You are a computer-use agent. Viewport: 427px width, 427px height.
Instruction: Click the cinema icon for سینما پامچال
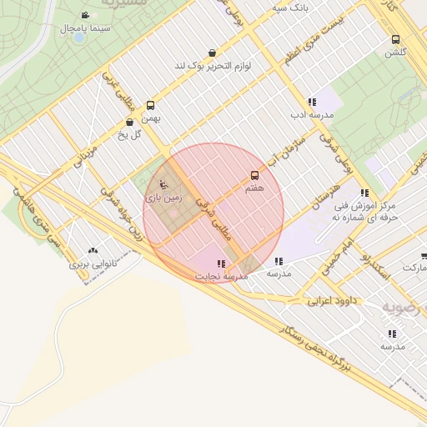[85, 15]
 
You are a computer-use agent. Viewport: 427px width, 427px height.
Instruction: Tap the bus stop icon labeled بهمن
[150, 105]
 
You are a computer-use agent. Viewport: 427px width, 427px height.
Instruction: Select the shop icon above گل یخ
[129, 123]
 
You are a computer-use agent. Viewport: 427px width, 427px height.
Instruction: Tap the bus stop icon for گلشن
[394, 39]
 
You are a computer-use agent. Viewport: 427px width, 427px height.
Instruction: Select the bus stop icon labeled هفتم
[254, 175]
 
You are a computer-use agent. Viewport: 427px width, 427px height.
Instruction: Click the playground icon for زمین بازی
[163, 185]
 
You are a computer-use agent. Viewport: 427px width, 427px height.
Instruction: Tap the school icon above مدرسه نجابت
[221, 263]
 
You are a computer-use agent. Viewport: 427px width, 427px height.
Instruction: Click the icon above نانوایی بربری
[92, 249]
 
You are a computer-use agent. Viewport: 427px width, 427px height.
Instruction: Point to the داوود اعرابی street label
[331, 299]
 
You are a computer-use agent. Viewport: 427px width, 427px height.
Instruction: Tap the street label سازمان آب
[289, 148]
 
